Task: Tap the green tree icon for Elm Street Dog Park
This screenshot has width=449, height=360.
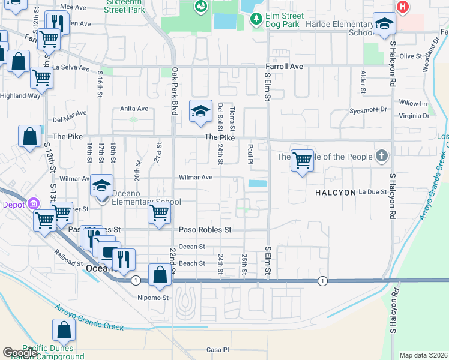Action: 256,20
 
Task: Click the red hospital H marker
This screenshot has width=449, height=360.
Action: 403,7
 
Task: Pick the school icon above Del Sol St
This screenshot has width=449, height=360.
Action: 201,110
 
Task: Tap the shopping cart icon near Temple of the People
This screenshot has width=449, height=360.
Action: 303,160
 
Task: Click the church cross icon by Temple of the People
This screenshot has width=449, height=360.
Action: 381,157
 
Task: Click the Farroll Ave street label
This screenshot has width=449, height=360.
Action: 285,67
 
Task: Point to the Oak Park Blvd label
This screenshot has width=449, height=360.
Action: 175,84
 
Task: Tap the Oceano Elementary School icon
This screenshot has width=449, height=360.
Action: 101,185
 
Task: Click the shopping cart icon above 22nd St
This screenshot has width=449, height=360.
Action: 160,212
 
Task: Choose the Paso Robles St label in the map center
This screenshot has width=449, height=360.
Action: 205,230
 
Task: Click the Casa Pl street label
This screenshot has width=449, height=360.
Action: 218,350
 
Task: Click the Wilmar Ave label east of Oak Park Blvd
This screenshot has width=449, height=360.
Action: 196,178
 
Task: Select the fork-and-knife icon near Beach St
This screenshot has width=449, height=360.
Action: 123,259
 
